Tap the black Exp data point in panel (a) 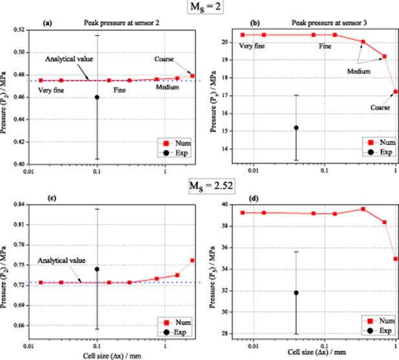coord(97,97)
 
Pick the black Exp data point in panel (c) coord(97,269)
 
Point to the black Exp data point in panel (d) coord(296,293)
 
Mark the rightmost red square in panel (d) coord(395,259)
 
